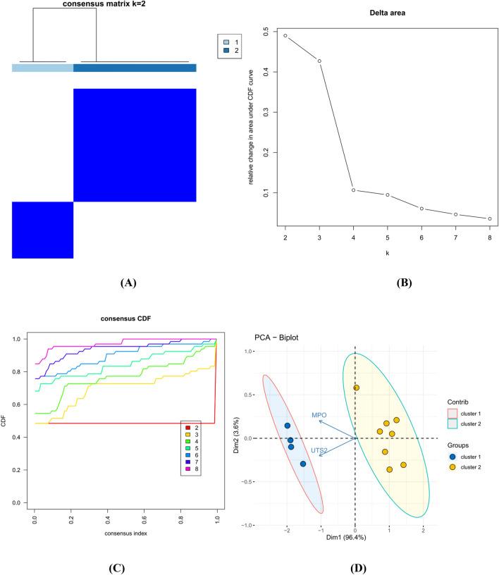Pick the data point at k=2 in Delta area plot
pyautogui.click(x=285, y=36)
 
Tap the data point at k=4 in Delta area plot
pyautogui.click(x=354, y=190)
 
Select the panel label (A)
pyautogui.click(x=128, y=282)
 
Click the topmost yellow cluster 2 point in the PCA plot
pyautogui.click(x=357, y=388)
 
